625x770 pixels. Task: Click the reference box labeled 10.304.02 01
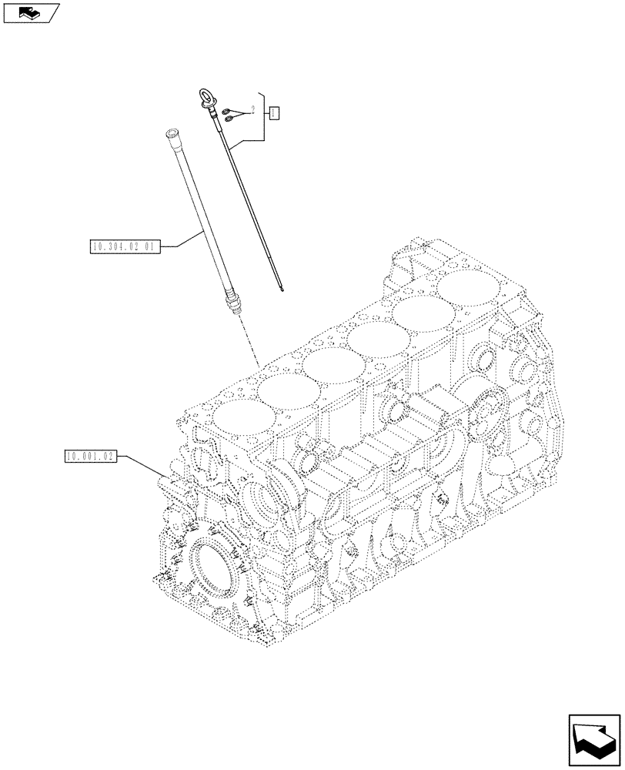click(x=123, y=247)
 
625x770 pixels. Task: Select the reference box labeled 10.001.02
click(x=90, y=457)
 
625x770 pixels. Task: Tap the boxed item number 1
click(x=273, y=113)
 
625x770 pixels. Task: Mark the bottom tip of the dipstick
click(x=284, y=290)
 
